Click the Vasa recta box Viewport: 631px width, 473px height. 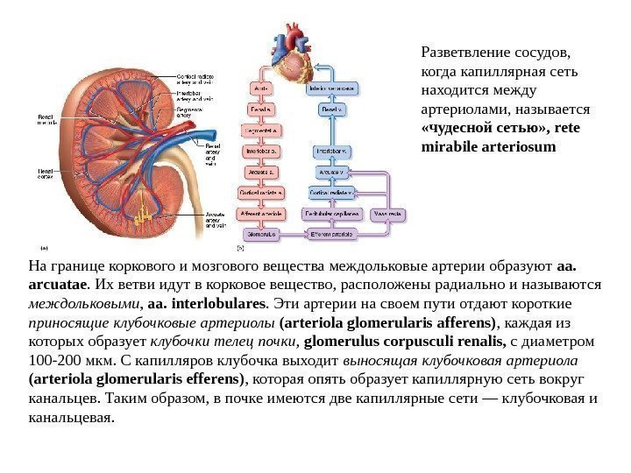[x=387, y=214]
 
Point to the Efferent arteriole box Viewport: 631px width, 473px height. [x=330, y=235]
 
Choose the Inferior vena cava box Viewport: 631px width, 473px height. [x=333, y=88]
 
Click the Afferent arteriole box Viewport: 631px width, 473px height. [x=262, y=214]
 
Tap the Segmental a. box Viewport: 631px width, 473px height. [x=262, y=130]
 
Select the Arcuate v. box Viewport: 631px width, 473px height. [x=330, y=172]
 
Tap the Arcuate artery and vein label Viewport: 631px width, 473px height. [x=215, y=219]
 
